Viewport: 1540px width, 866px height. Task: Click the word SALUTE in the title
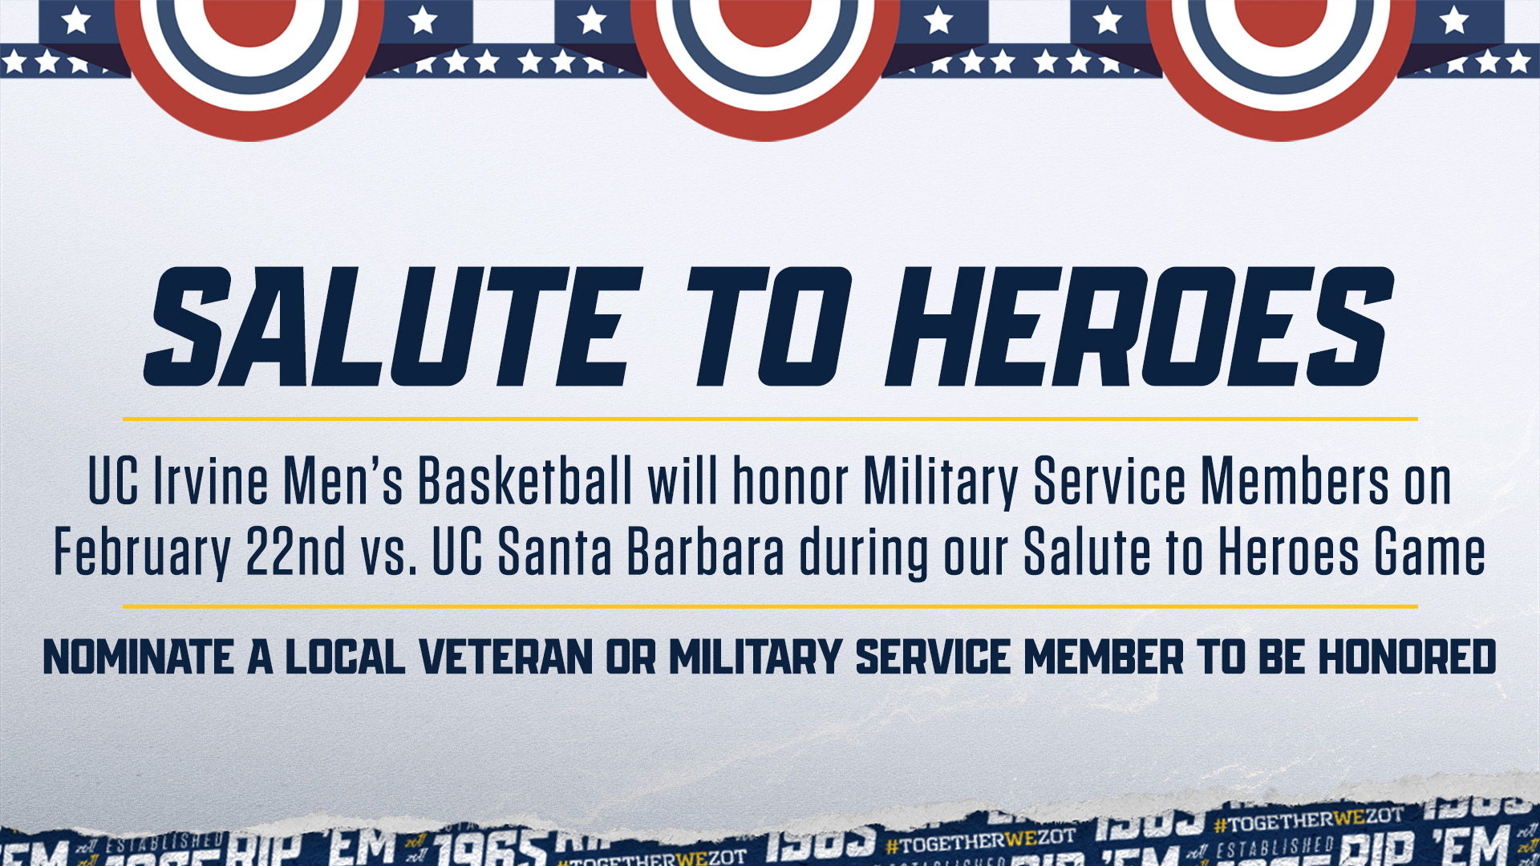tap(393, 327)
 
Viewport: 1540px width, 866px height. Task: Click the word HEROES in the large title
tap(1139, 327)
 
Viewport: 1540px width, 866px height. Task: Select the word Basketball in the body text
tap(525, 482)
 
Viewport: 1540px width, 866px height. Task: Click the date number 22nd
tap(296, 552)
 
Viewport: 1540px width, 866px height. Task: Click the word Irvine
tap(210, 482)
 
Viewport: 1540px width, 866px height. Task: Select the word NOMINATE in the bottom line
tap(138, 658)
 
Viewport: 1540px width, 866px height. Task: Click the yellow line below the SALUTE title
tap(770, 419)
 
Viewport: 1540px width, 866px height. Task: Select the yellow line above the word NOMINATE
tap(770, 607)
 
